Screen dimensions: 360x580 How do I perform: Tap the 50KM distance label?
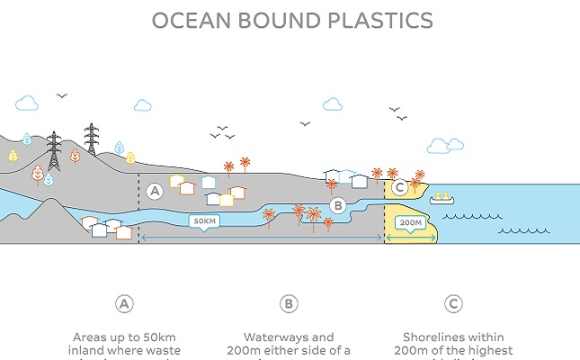click(205, 220)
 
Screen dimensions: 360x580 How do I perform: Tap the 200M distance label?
click(411, 222)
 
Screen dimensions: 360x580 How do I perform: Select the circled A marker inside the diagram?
click(155, 191)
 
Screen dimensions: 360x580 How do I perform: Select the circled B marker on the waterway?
click(338, 205)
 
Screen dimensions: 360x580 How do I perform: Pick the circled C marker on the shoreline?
click(399, 187)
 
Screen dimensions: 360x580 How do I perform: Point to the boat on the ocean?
click(442, 197)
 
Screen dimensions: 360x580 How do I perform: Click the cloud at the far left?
click(27, 103)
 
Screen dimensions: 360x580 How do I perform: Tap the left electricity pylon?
click(53, 151)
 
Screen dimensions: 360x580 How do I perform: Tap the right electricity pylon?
click(91, 139)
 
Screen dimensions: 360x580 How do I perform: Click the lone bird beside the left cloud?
click(62, 95)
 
